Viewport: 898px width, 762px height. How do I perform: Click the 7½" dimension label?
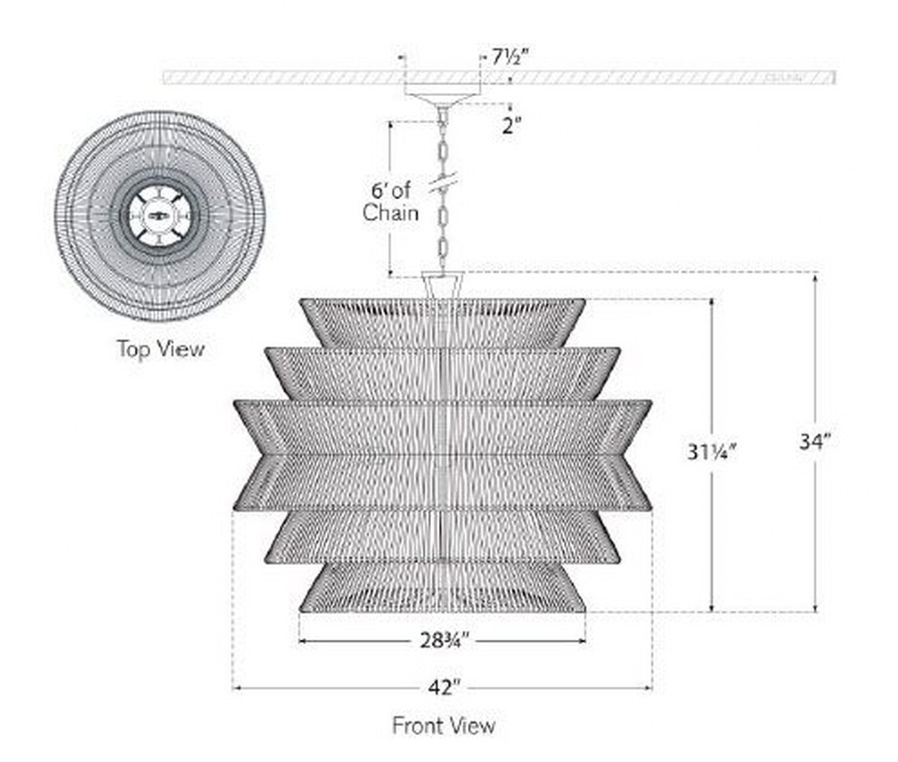coord(506,57)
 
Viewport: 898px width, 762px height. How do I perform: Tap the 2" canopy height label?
coord(512,126)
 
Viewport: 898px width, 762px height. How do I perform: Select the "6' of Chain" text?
coord(390,202)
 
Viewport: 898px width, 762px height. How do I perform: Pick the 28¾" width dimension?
coord(445,640)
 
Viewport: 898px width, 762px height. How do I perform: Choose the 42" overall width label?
coord(444,687)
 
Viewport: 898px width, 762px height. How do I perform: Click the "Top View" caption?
coord(161,348)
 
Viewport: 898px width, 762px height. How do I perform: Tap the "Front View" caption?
coord(444,725)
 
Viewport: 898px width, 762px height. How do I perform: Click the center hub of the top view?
coord(160,215)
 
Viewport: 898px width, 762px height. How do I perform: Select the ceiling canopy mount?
coord(442,93)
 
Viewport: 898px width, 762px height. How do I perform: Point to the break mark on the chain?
coord(443,182)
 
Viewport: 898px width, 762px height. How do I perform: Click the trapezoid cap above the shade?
coord(442,285)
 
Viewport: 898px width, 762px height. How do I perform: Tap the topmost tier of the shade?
coord(442,322)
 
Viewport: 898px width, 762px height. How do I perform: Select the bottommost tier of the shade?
coord(442,587)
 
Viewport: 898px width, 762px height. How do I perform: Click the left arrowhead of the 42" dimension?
coord(235,688)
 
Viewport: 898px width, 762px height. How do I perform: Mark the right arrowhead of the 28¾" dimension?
coord(583,641)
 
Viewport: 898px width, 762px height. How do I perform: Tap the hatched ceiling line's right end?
coord(834,77)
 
